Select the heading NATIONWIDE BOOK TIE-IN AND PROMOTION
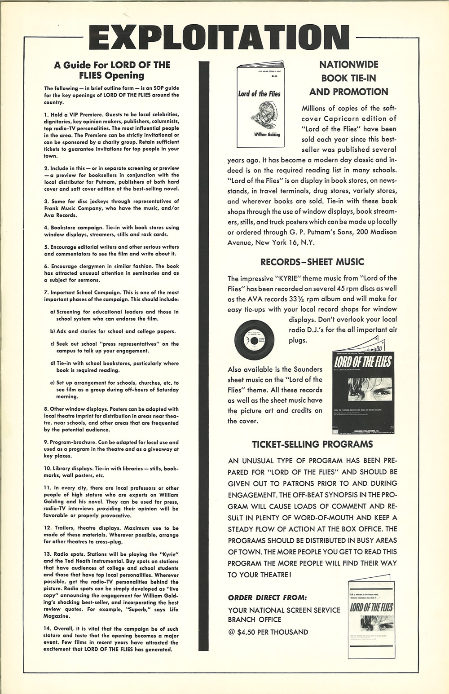coord(348,78)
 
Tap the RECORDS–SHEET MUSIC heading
coord(312,262)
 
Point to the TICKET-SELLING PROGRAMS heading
coord(312,444)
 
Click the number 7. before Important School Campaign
coord(46,292)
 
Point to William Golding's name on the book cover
coord(260,134)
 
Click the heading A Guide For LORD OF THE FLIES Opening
coord(112,70)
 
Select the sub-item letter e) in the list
coord(53,383)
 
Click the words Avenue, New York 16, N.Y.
coord(271,242)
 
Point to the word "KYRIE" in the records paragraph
coord(288,278)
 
